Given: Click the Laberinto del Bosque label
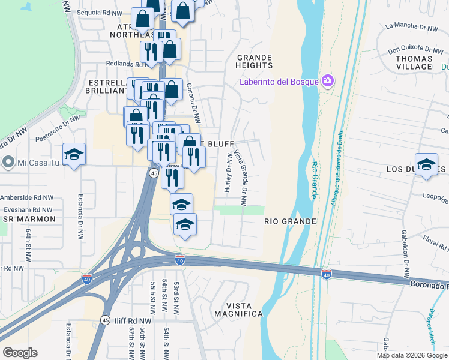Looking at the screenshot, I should (279, 82).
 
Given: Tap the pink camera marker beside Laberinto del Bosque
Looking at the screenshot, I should (328, 80).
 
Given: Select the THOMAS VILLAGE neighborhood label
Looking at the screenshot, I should (414, 62).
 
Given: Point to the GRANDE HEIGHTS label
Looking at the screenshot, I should (255, 61).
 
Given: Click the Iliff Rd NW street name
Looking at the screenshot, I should (134, 321).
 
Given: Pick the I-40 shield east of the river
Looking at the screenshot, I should (326, 274).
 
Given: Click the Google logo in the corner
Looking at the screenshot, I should (20, 352).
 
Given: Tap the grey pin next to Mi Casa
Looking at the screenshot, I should (8, 162).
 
